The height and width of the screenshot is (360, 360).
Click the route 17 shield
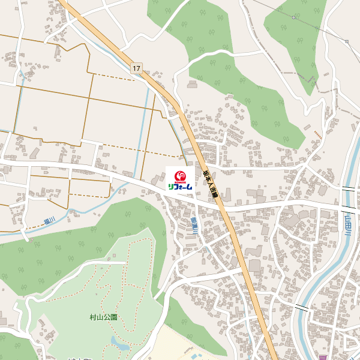137,68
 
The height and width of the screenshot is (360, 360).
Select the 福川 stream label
49,221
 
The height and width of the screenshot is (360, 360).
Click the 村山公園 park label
103,317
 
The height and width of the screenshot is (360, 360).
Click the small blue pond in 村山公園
119,344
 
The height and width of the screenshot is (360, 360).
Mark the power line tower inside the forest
293,17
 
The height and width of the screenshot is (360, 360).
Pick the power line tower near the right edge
347,41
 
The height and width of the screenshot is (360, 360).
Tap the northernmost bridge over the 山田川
349,189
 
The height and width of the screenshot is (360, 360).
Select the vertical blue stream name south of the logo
194,227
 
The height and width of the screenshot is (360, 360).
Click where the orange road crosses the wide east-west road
220,204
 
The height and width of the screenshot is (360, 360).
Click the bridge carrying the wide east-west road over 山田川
347,208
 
